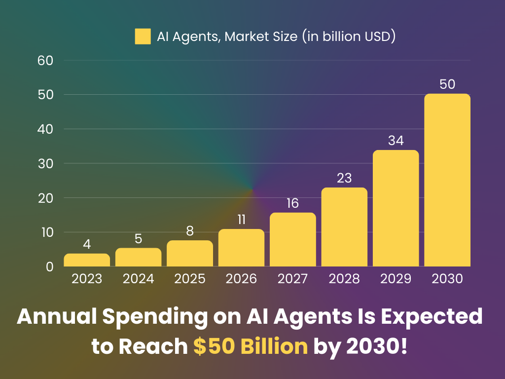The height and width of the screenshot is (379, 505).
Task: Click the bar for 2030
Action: [447, 180]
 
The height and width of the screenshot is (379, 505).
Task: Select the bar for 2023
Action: [87, 260]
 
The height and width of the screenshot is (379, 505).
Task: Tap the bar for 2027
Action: [293, 240]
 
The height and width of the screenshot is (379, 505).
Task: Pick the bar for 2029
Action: [396, 208]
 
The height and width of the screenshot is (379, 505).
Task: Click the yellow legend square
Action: [143, 37]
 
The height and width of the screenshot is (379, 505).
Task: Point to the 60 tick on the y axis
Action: [45, 61]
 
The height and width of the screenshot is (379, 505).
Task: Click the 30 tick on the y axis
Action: [45, 163]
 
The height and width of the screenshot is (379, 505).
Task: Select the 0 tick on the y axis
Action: [49, 266]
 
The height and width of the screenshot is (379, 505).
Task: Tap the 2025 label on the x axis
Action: [190, 279]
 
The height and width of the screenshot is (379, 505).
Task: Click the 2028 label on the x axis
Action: [344, 279]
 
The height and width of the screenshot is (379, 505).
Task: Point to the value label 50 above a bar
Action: [447, 84]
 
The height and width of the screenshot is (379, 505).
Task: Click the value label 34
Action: [396, 141]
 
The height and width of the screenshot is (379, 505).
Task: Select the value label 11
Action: [241, 220]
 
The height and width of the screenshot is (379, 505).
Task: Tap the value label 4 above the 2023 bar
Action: [87, 244]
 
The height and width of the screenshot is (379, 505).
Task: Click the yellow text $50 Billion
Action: [251, 347]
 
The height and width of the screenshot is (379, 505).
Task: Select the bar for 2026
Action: [241, 248]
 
